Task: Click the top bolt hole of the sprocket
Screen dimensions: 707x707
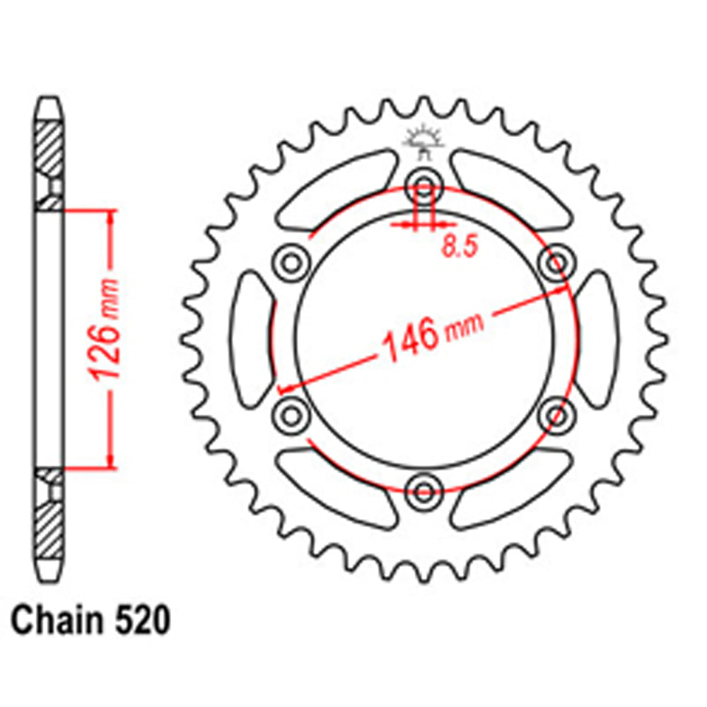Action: click(423, 187)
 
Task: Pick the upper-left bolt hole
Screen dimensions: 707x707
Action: click(291, 263)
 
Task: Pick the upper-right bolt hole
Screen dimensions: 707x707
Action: click(555, 263)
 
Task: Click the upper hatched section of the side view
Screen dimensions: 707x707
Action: click(49, 148)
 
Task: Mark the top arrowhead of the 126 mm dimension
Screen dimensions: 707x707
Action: click(110, 216)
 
